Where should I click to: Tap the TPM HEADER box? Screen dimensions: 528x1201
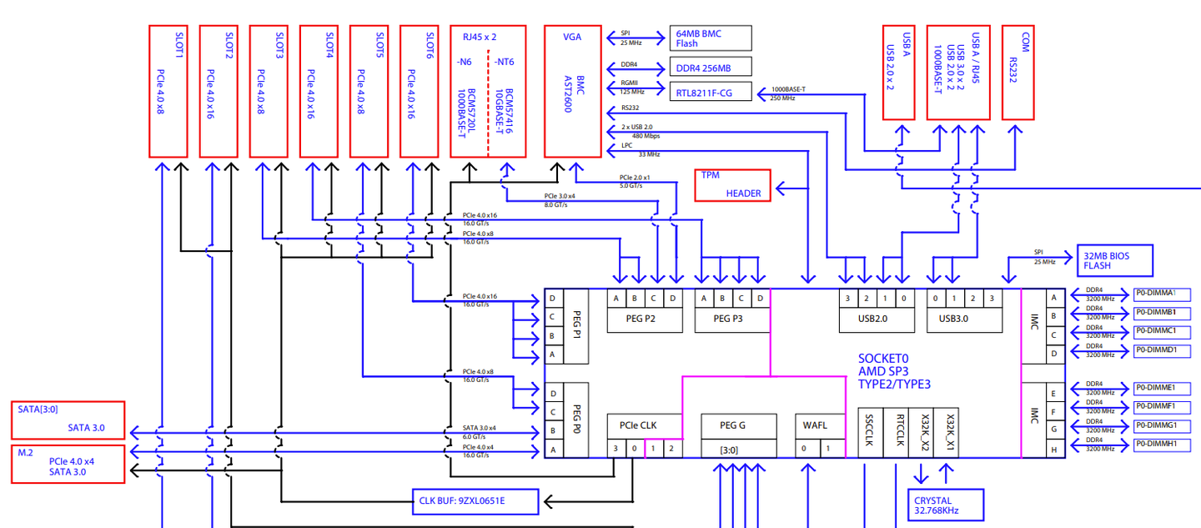(733, 185)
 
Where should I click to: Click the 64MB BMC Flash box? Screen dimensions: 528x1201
(711, 38)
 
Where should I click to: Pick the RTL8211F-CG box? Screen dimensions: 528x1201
(711, 91)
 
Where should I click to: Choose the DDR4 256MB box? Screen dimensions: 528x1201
(711, 67)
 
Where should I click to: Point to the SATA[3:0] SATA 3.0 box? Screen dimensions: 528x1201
(68, 420)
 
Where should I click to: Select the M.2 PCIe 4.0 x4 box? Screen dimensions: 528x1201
(68, 464)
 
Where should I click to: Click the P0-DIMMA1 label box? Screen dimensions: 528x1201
(1161, 294)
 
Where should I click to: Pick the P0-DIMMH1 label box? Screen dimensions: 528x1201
(1161, 445)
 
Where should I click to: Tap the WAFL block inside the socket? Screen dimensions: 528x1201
(815, 425)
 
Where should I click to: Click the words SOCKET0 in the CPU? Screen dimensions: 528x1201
(883, 358)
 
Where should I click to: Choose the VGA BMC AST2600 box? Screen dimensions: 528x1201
(572, 91)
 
